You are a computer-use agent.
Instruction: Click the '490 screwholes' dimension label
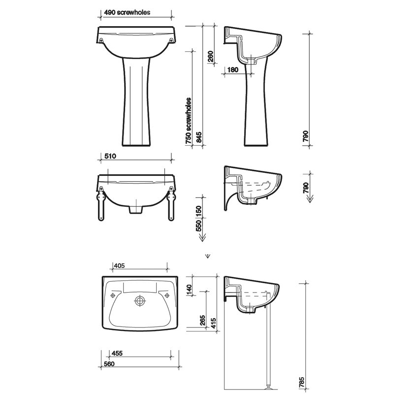pos(127,13)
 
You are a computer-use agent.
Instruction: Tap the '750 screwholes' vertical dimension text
pos(189,121)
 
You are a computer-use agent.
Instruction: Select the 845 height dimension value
pos(199,137)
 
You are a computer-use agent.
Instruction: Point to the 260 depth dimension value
pos(211,57)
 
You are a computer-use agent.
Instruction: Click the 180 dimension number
pos(232,69)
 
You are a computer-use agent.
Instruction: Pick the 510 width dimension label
pos(110,156)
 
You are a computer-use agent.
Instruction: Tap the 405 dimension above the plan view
pos(119,265)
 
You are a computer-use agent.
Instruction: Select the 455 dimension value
pos(117,353)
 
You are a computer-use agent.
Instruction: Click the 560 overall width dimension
pos(109,363)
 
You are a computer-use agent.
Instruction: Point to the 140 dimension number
pos(189,290)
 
